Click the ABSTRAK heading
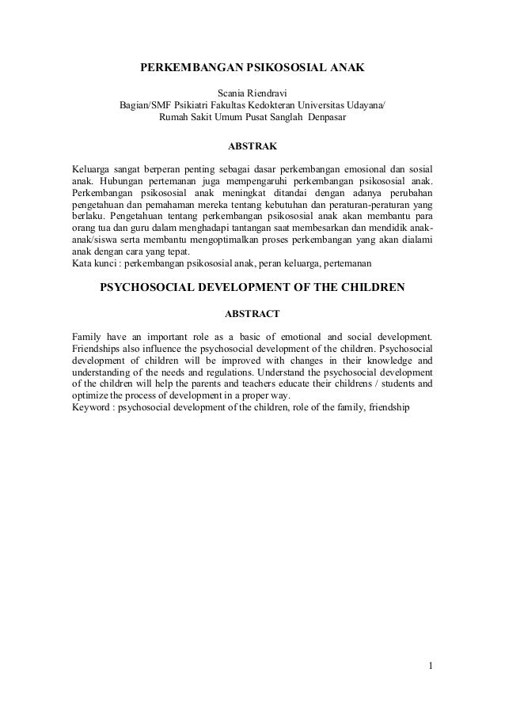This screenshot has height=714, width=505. [252, 147]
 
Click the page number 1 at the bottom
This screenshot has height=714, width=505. [431, 663]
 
